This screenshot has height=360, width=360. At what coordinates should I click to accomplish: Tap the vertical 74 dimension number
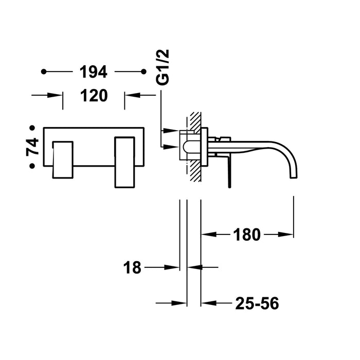[x=33, y=147]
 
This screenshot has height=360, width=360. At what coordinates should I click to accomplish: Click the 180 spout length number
[x=246, y=235]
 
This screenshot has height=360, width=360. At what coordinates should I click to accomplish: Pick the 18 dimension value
[x=132, y=267]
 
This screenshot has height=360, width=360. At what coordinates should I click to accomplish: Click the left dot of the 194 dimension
[x=44, y=72]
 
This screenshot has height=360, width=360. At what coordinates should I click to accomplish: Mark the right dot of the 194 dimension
[x=142, y=72]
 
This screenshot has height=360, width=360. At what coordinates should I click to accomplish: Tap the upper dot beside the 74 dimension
[x=32, y=127]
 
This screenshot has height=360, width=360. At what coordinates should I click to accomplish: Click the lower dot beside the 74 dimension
[x=32, y=166]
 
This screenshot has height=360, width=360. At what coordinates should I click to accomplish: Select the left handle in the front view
[x=62, y=158]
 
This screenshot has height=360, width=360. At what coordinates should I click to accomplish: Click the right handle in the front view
[x=124, y=161]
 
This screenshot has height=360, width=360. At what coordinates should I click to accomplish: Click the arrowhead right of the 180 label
[x=286, y=235]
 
